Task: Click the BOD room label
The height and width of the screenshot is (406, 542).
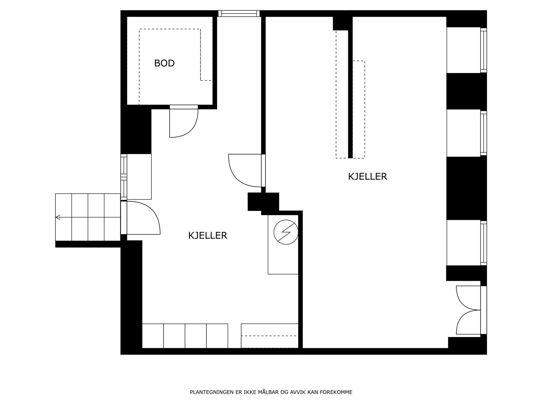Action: pos(164,63)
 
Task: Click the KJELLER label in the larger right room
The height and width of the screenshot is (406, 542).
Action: pos(368,176)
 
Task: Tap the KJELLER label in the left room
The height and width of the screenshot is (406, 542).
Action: pos(208,235)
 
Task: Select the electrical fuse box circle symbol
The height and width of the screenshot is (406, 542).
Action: pos(286,232)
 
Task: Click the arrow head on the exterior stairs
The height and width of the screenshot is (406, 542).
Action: pos(58,217)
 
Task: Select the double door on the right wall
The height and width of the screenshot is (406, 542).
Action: pos(469,310)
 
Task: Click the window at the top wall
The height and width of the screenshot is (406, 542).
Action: pos(239,14)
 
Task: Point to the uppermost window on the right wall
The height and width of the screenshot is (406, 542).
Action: pos(483,50)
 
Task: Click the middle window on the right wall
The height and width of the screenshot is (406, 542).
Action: pos(483,133)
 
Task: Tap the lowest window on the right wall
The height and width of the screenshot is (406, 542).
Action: pos(483,243)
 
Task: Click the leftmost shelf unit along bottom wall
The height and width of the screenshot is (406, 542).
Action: pos(153,336)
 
